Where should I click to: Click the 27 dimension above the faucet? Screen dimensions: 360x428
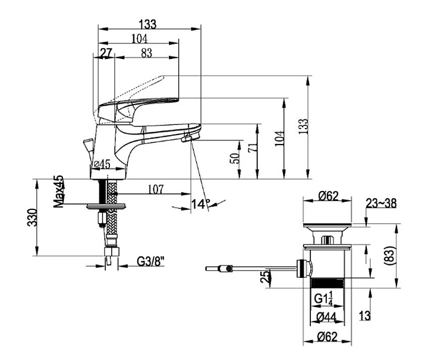(x=106, y=53)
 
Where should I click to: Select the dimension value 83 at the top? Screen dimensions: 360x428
(x=147, y=53)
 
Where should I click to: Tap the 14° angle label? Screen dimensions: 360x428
(x=201, y=204)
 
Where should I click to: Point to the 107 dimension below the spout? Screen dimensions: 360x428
(x=155, y=190)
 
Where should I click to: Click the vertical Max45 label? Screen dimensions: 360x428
(x=58, y=192)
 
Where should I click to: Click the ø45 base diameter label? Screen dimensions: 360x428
(x=102, y=164)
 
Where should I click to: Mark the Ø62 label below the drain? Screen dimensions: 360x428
(x=328, y=336)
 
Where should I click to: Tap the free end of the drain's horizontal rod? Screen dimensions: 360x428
(x=208, y=268)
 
